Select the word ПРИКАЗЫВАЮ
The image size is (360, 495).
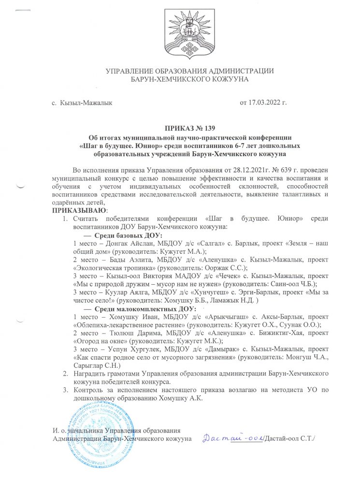[79, 210]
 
